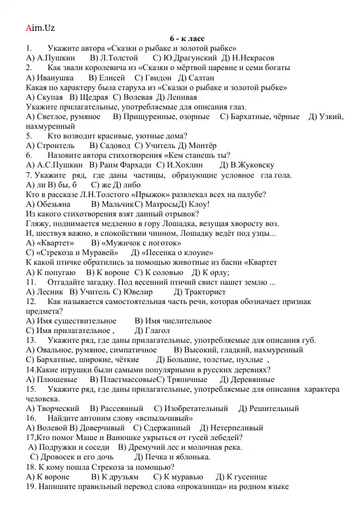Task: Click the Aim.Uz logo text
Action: tap(40, 28)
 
